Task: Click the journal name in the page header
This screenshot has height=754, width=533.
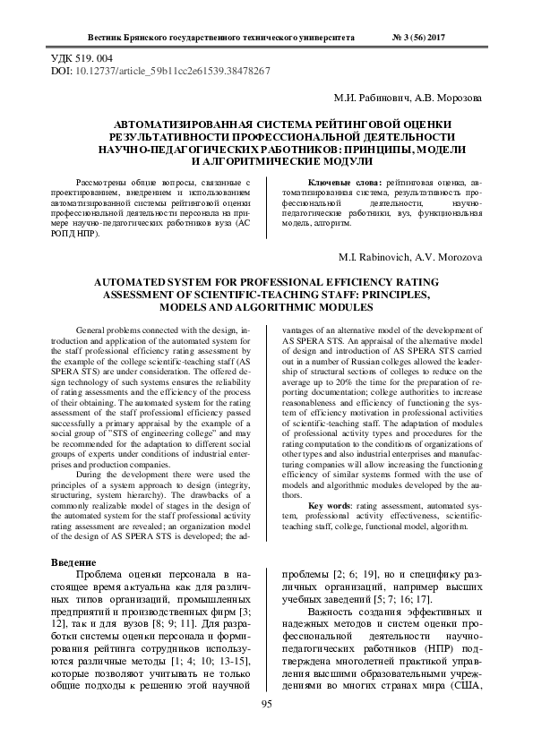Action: click(224, 39)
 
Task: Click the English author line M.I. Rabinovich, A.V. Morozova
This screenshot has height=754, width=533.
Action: click(409, 257)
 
